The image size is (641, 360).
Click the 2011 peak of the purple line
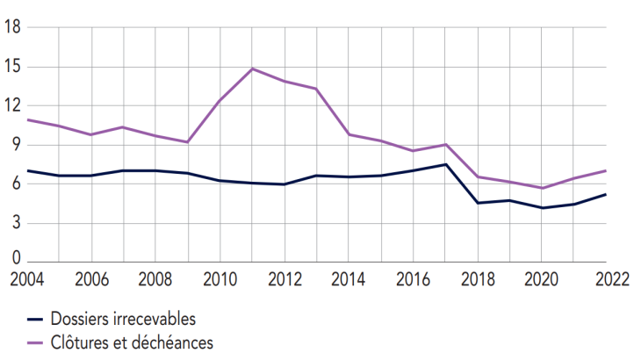pos(253,68)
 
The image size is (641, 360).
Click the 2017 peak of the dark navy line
pos(446,164)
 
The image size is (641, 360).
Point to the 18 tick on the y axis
pos(12,28)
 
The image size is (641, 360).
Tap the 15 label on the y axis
pos(12,67)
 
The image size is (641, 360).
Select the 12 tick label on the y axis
pos(12,106)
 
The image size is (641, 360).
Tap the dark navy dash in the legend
pos(36,319)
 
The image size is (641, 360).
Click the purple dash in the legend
pos(36,342)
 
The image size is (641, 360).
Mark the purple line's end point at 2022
pos(607,170)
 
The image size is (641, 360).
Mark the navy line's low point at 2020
pos(543,208)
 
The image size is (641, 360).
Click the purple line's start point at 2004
pos(28,119)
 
